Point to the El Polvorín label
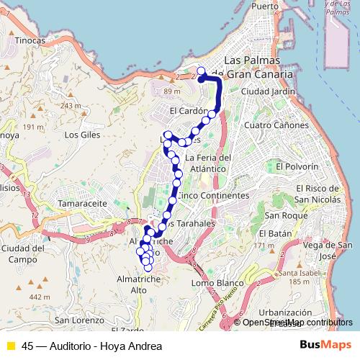(x=296, y=166)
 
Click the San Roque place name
(x=280, y=215)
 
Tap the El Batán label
(x=275, y=234)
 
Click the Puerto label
(x=265, y=6)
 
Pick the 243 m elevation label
(x=71, y=106)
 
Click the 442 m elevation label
(x=40, y=297)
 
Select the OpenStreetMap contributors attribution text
(x=297, y=323)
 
